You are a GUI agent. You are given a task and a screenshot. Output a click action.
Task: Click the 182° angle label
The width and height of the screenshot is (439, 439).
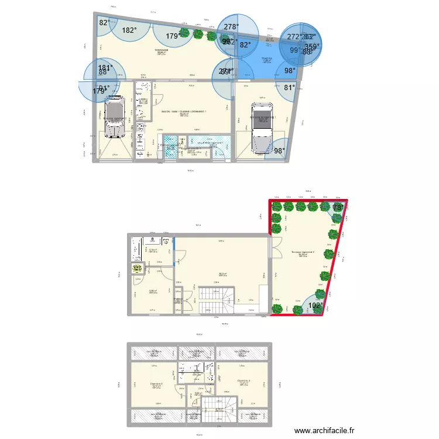click(129, 30)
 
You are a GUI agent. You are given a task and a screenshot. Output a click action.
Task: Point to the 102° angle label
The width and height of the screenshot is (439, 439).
click(314, 305)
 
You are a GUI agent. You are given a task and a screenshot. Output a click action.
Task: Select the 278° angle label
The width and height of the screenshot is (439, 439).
click(231, 27)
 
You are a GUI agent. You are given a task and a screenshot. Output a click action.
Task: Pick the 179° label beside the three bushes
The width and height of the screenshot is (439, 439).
click(173, 36)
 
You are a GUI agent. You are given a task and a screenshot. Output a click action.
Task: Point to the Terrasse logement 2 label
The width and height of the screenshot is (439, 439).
click(303, 252)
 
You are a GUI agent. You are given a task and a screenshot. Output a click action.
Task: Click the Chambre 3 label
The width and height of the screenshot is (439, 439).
click(244, 381)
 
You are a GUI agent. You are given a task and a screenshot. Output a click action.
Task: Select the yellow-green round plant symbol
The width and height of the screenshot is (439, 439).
click(136, 269)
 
